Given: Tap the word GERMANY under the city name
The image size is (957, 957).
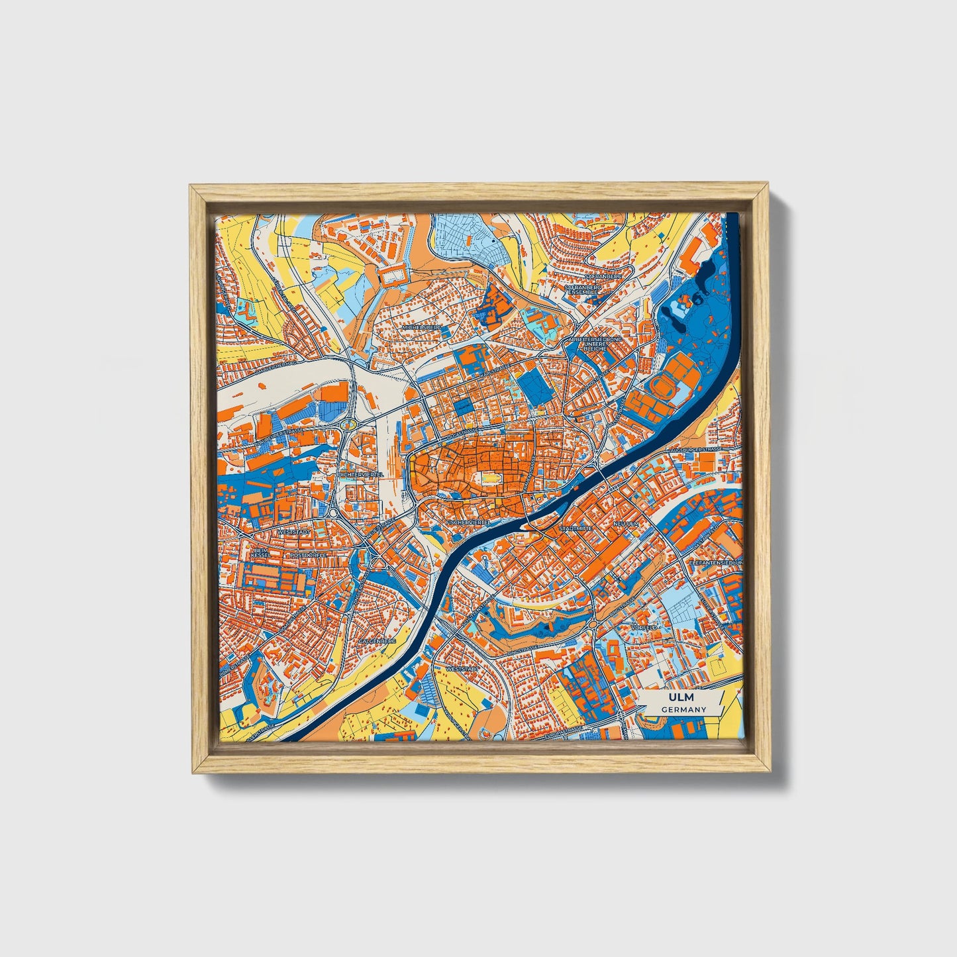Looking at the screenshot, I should click(x=682, y=709).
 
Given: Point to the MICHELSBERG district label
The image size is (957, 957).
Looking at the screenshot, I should click(x=421, y=327).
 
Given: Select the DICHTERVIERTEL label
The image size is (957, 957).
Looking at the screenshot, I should click(x=360, y=475).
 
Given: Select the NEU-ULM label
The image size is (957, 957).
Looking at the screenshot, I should click(x=625, y=523).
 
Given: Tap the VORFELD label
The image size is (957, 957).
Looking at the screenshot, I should click(x=645, y=627).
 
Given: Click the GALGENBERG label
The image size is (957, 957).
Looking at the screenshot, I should click(x=377, y=641).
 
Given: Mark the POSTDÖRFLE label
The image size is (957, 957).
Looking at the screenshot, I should click(x=309, y=555).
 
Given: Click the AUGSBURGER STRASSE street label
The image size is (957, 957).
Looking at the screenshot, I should click(x=695, y=449).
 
